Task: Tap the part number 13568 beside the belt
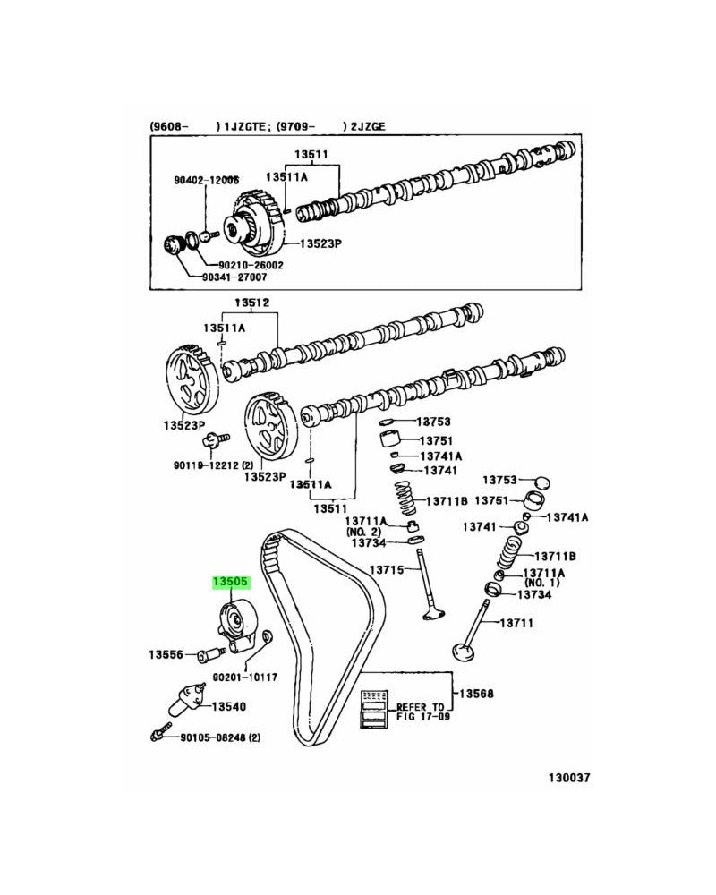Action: (477, 694)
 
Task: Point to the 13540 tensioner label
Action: (227, 706)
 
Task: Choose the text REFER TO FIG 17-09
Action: (420, 712)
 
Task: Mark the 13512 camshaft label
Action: (252, 303)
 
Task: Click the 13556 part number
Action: (166, 655)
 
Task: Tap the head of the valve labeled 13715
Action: (432, 614)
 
